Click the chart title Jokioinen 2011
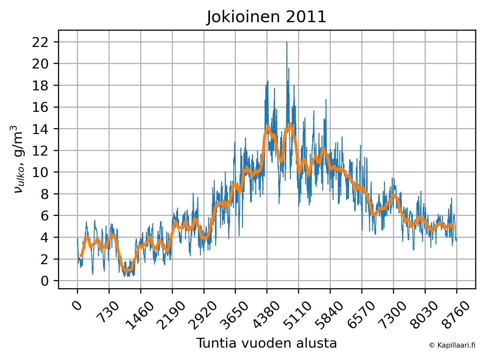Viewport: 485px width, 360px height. point(266,17)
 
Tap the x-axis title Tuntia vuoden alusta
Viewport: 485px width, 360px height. point(266,343)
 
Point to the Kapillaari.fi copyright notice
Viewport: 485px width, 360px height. point(452,345)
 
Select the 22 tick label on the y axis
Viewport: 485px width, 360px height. point(40,42)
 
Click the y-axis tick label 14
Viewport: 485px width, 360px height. point(40,129)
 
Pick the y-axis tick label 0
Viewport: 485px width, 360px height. point(45,281)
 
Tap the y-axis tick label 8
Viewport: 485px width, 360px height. point(45,194)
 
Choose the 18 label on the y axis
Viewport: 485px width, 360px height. point(40,85)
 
